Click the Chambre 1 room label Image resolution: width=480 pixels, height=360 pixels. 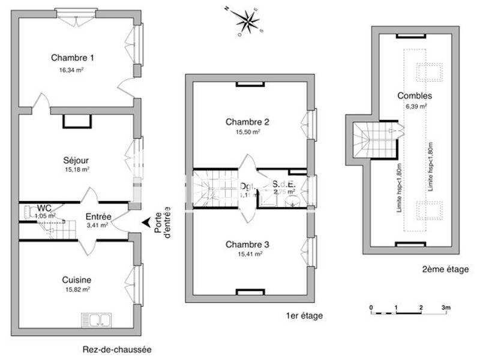point(72,58)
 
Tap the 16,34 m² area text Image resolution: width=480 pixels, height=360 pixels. point(71,70)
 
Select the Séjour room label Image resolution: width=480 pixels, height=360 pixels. point(76,160)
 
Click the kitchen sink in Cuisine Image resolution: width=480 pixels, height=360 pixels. point(96,319)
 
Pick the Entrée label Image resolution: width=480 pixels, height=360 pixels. point(98,216)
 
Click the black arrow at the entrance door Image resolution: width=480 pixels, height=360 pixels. point(145,223)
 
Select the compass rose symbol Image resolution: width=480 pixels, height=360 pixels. point(247,21)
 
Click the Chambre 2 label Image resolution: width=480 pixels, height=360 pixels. point(247,122)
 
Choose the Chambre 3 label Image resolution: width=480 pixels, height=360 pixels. point(247,244)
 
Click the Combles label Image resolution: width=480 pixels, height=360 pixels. point(415,95)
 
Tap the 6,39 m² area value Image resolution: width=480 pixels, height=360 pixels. point(416,106)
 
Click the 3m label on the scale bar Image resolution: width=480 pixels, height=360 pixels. point(446,307)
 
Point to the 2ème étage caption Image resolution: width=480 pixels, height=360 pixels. point(445,270)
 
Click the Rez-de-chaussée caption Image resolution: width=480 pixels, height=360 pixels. point(117,349)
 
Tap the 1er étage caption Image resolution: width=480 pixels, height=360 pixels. point(305,316)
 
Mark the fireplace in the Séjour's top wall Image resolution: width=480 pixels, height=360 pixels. point(77,121)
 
